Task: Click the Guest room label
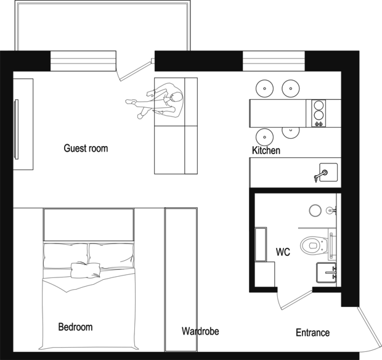click(86, 148)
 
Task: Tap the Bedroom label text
click(76, 327)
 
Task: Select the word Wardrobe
click(200, 331)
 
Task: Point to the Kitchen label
click(266, 150)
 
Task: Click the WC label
click(283, 252)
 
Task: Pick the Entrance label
click(312, 332)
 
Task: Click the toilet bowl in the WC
click(314, 245)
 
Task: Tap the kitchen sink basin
click(328, 173)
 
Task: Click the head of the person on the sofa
click(177, 98)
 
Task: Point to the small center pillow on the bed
click(86, 270)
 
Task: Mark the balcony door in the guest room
click(134, 70)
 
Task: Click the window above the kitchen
click(274, 61)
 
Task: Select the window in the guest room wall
click(83, 61)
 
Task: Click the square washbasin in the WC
click(326, 272)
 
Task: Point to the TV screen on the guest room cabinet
click(16, 129)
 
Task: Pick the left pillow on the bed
click(65, 255)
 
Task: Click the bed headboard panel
click(89, 224)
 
